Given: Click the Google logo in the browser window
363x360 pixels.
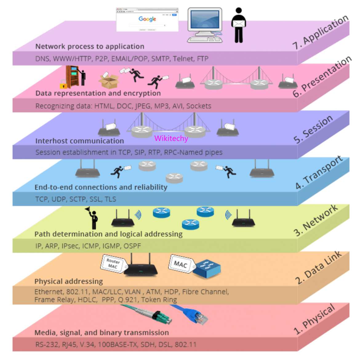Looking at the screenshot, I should [x=147, y=19].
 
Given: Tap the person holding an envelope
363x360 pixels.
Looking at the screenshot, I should [x=238, y=25].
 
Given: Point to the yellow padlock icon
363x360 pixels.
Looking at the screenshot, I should [x=63, y=84].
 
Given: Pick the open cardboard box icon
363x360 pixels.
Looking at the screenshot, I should [x=109, y=81].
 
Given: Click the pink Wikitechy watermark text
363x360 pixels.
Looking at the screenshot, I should [x=171, y=138].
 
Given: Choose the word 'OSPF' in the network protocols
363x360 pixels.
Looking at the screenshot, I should [x=132, y=246].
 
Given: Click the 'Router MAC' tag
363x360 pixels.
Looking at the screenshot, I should [x=113, y=264].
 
